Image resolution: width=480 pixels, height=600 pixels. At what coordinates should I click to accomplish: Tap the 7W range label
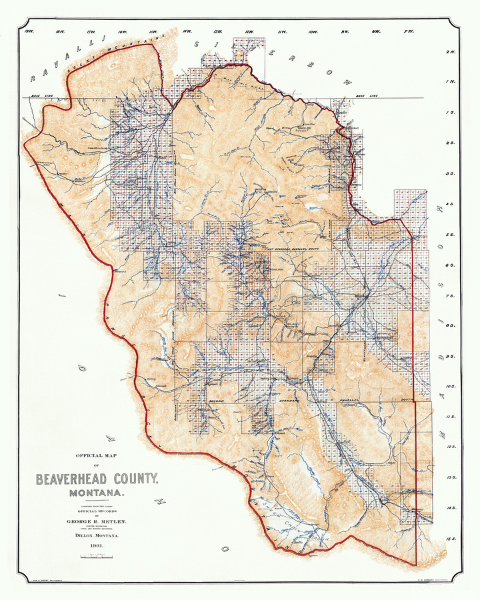pos(408,31)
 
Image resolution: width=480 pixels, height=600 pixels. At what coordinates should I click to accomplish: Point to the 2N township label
pos(451,51)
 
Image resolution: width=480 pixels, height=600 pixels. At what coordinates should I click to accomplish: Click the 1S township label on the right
pos(451,112)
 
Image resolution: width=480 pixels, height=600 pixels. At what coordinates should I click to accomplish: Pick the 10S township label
pos(451,386)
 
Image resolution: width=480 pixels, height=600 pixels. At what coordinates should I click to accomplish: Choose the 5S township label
pos(451,235)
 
